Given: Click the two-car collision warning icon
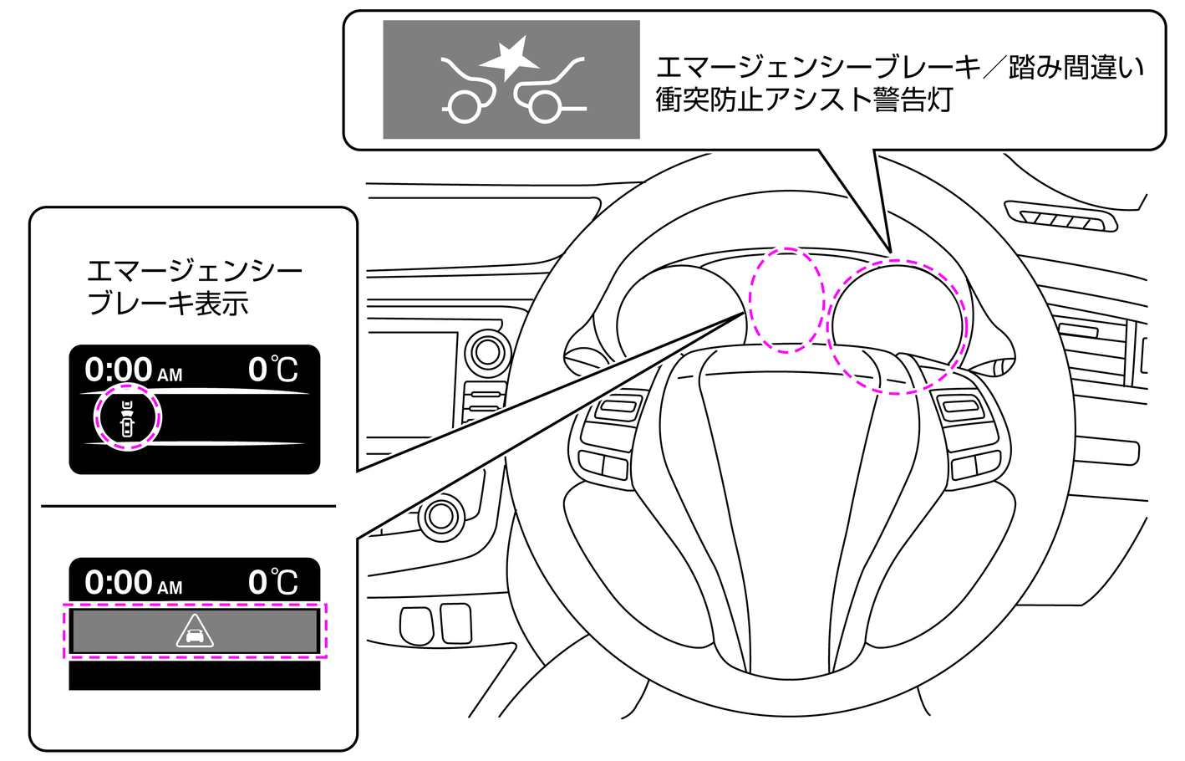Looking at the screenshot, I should coord(511,80).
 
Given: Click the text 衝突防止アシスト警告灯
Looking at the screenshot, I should coord(804,100).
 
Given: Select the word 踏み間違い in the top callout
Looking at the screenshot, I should coord(1076,67).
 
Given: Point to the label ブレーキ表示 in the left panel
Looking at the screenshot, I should coord(168,304).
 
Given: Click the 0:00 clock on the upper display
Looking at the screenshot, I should coord(120,370).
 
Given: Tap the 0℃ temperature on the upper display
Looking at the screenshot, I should coord(272,370).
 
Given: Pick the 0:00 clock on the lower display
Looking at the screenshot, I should coord(120,582).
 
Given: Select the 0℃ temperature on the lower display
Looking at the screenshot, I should coord(272,582).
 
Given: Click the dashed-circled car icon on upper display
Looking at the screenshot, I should coord(127,417).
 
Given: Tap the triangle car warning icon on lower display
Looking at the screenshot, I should coord(195,631).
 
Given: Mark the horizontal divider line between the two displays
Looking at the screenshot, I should coord(188,506).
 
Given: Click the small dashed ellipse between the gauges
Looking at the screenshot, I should coord(786,299).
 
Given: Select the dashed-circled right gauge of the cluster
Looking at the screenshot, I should coord(896,326).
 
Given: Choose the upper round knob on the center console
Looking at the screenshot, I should coord(487,353).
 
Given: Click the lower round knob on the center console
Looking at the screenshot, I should coord(440,516).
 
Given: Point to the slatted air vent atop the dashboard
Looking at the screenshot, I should coord(1060,217).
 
